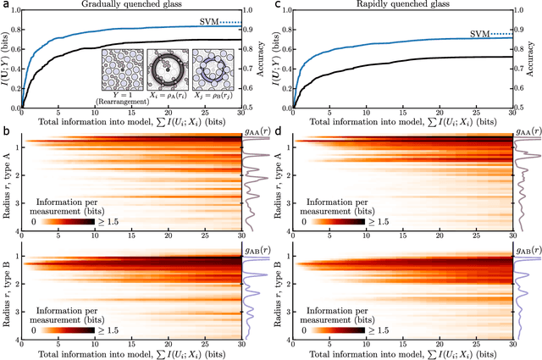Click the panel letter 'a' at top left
[5, 5]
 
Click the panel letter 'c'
[278, 5]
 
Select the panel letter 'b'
[5, 130]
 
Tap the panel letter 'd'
[278, 130]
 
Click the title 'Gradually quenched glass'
[130, 5]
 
